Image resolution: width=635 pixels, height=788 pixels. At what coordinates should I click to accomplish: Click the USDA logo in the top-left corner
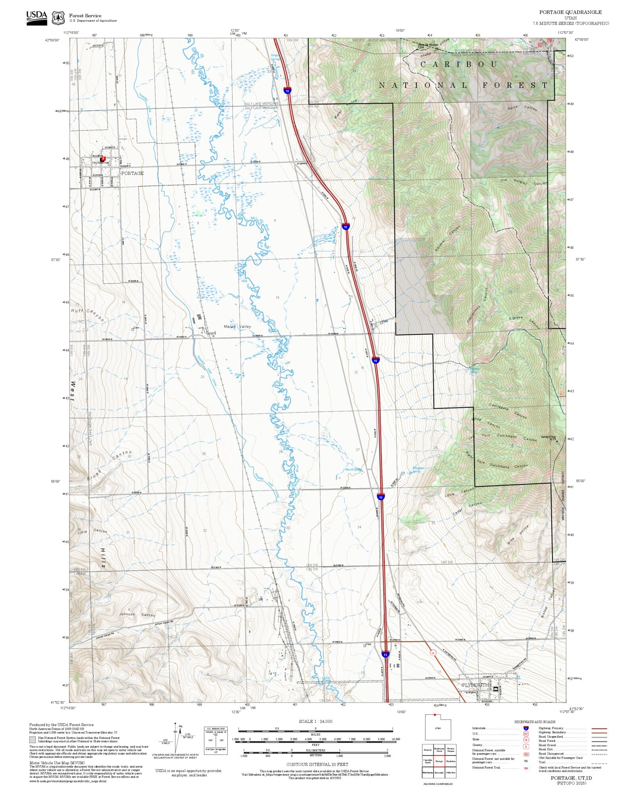tap(37, 18)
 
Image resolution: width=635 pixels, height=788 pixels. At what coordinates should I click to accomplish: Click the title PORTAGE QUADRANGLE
tap(570, 12)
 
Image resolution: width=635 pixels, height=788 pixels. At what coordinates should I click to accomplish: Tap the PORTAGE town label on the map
tap(132, 173)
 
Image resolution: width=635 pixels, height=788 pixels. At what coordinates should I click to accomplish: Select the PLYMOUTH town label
tap(475, 685)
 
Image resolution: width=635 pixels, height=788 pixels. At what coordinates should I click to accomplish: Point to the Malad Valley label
tap(237, 327)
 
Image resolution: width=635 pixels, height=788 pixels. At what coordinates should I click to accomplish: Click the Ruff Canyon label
tap(88, 315)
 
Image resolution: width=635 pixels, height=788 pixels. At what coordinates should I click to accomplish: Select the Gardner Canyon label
tap(447, 238)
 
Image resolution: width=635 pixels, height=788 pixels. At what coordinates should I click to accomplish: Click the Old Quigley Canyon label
tap(523, 182)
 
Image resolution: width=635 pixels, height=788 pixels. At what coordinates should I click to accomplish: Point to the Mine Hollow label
tap(518, 535)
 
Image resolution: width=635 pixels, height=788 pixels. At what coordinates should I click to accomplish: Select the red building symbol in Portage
tap(103, 159)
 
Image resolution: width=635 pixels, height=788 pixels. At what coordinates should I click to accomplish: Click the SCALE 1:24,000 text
tap(316, 721)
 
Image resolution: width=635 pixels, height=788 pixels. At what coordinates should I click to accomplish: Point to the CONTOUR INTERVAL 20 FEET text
tap(317, 764)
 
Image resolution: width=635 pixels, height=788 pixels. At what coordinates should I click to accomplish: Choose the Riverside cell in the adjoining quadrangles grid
tap(439, 773)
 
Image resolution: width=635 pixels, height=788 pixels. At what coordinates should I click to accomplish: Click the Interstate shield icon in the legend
tap(526, 728)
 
